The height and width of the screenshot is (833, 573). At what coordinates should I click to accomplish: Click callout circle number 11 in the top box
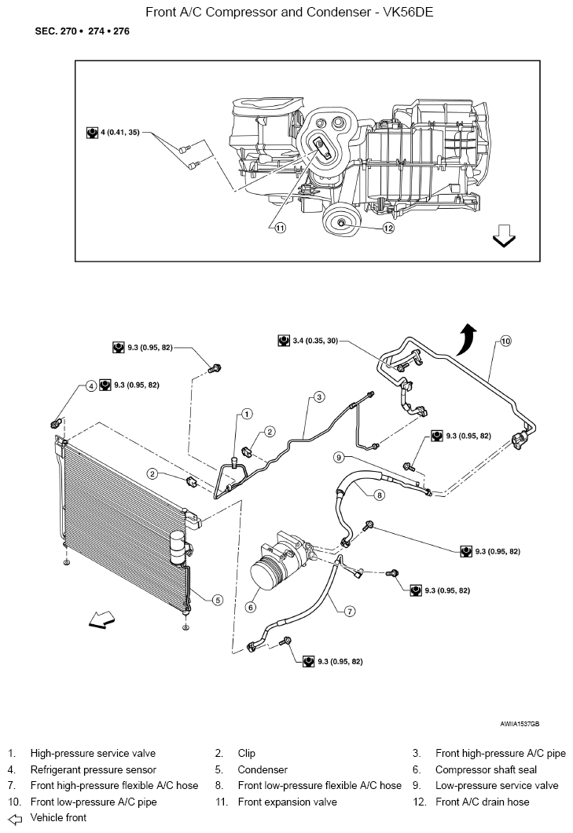[281, 228]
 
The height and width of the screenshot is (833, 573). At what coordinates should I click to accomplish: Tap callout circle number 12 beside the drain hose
[388, 228]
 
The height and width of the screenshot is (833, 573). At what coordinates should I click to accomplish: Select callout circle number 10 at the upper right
[505, 341]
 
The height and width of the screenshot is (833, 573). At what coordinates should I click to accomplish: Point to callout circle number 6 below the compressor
[251, 607]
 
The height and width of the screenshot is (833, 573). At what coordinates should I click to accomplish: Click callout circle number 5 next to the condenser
[218, 600]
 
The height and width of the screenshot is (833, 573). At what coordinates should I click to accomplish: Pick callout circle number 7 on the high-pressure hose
[350, 612]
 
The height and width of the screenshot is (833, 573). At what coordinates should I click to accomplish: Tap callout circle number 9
[339, 456]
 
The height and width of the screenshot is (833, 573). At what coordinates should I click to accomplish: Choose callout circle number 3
[319, 396]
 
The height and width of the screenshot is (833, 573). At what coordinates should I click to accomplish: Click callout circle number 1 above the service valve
[247, 413]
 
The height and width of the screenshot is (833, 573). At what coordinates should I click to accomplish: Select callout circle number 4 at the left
[91, 385]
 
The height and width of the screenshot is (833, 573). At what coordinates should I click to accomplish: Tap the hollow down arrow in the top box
[503, 236]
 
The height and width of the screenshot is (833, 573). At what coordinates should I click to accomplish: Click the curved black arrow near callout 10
[467, 339]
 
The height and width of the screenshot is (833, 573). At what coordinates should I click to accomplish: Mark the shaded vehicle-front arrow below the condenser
[101, 619]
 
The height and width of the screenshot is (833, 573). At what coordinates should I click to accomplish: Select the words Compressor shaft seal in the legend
[486, 769]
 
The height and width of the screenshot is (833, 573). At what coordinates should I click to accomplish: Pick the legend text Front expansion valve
[288, 802]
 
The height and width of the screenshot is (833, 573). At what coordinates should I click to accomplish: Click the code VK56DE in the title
[408, 12]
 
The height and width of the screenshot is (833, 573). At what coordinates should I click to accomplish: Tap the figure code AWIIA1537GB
[520, 724]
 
